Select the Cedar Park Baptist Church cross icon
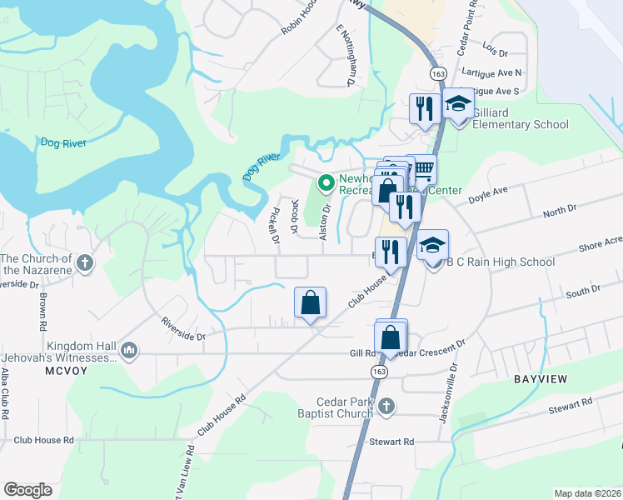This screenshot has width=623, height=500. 385,407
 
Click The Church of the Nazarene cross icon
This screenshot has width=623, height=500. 84,263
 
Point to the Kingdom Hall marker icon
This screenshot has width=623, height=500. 128,350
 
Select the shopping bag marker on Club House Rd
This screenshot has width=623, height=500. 310,303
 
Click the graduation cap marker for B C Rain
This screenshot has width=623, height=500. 432,247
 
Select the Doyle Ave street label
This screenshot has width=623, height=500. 487,197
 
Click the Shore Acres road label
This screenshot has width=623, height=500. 599,247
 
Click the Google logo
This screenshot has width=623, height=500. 28,490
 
